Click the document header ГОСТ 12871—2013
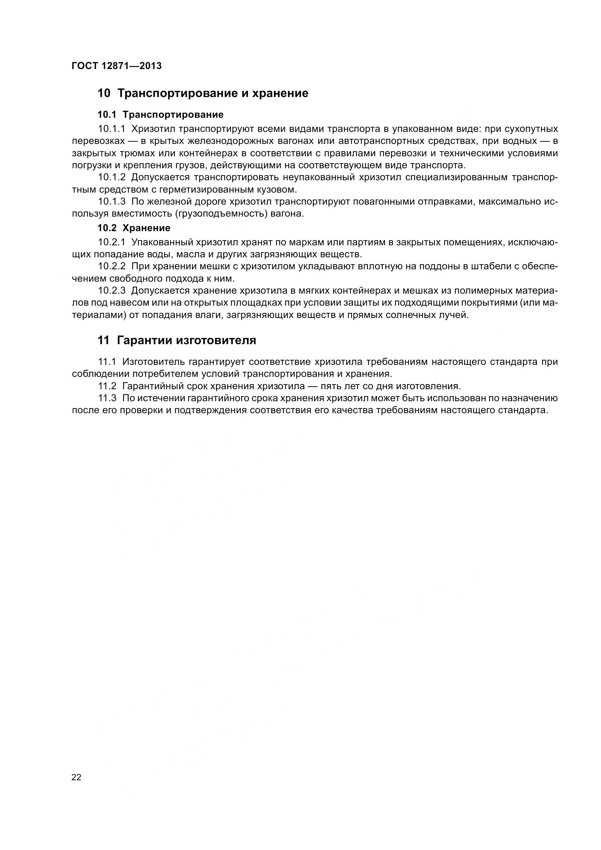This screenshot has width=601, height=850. point(117,66)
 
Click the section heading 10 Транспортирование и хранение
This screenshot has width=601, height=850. point(203,93)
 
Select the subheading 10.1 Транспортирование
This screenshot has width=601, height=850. point(160,115)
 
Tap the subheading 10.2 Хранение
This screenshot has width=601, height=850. point(134,228)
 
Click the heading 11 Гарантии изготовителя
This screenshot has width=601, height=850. point(177,340)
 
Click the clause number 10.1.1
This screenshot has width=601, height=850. point(112,129)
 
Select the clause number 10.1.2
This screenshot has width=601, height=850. point(112,177)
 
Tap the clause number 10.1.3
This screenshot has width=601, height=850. point(112,202)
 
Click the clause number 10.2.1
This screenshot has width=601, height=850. point(112,242)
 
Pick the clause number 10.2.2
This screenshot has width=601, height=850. point(112,266)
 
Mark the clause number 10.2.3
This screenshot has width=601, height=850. point(112,291)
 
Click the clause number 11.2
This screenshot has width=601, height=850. point(107,386)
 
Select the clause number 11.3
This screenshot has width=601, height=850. point(107,398)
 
